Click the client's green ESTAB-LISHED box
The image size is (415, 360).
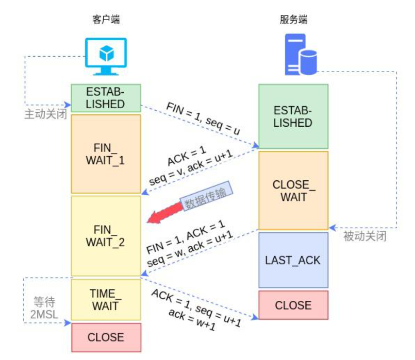(106, 98)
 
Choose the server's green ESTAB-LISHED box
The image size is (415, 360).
(293, 117)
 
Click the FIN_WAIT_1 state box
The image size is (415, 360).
(106, 154)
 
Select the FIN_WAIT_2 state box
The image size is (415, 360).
(106, 235)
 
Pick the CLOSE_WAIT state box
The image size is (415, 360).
(293, 191)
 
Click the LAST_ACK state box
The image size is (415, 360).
(293, 260)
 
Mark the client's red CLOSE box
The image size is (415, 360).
(106, 337)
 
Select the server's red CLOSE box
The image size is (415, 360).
(293, 305)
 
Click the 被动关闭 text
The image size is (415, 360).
(365, 237)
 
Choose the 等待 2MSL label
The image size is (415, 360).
(44, 308)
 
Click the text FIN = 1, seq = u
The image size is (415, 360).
(203, 118)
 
